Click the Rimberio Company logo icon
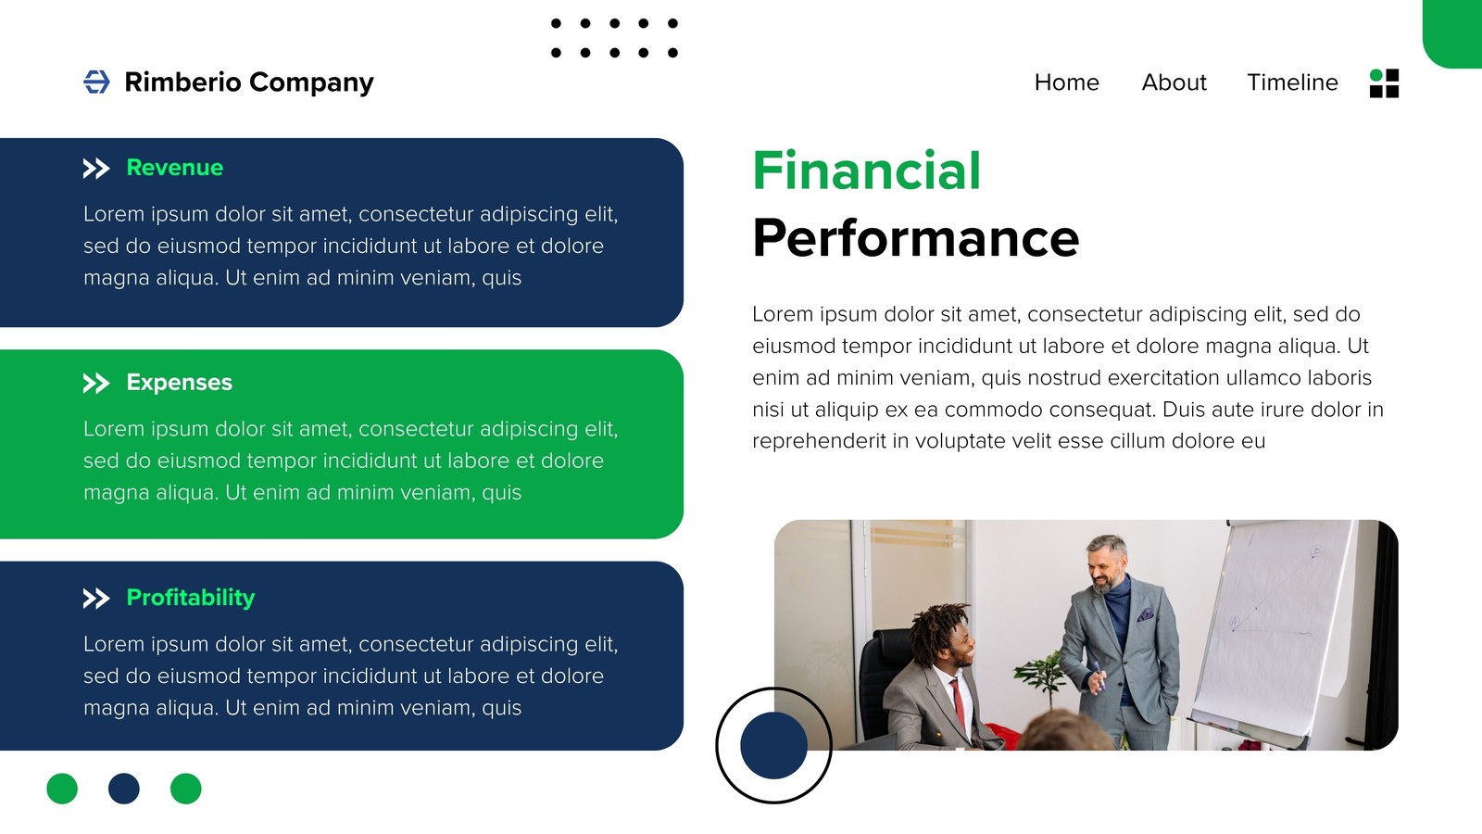click(x=96, y=82)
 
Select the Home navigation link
click(x=1066, y=82)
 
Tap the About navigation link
click(x=1174, y=82)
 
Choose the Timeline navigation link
click(x=1292, y=82)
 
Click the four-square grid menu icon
click(x=1384, y=83)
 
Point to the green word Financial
click(x=866, y=171)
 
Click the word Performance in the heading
click(x=916, y=238)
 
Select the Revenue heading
click(x=175, y=168)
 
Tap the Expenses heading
click(x=180, y=382)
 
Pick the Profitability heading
click(x=191, y=597)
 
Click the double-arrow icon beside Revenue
click(x=96, y=169)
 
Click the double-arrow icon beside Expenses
click(x=96, y=384)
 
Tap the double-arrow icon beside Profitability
click(x=96, y=599)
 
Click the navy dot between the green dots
click(x=124, y=789)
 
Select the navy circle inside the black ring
click(x=773, y=745)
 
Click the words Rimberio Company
click(x=249, y=82)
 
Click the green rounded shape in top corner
click(x=1453, y=33)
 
